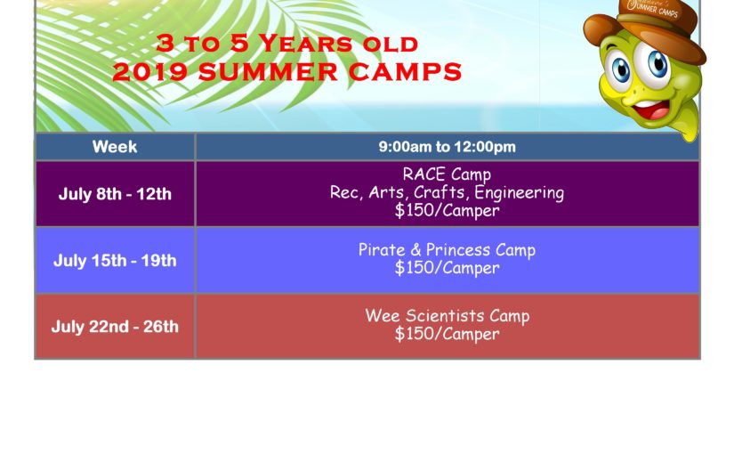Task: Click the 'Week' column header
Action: tap(115, 147)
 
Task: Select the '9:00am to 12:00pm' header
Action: tap(447, 147)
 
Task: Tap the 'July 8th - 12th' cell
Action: tap(115, 194)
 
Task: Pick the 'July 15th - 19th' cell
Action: tap(115, 261)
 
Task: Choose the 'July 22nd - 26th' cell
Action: tap(115, 327)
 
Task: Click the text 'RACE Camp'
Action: tap(447, 174)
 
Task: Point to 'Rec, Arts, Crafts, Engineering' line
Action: tap(447, 193)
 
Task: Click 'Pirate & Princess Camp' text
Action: tap(447, 250)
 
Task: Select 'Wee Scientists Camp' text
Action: tap(447, 316)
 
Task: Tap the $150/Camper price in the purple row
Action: tap(447, 212)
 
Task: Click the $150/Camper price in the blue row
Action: tap(447, 268)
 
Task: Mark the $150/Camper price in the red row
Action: tap(447, 335)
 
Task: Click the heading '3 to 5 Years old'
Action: tap(286, 43)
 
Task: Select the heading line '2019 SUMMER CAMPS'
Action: tap(286, 72)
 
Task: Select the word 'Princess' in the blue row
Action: tap(459, 250)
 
